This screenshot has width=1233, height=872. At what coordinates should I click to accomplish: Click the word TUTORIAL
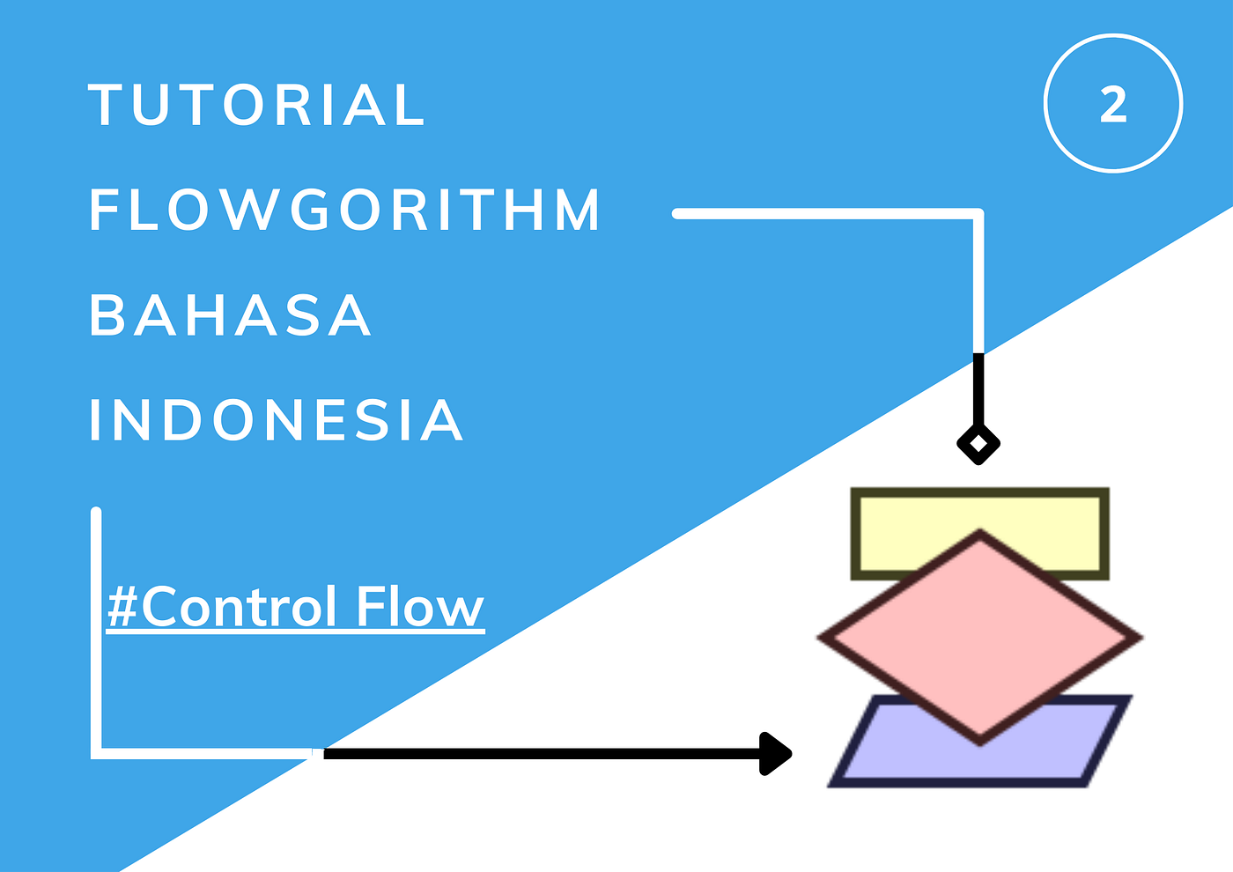[x=256, y=106]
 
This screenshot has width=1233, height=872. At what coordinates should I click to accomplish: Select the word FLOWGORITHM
[x=344, y=211]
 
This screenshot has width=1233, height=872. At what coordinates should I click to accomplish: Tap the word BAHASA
[x=230, y=315]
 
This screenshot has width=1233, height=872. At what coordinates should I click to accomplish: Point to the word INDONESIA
[x=276, y=420]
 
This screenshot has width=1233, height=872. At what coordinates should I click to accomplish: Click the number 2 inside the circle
[x=1113, y=105]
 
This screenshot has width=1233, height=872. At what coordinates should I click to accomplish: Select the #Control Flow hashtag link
[x=295, y=607]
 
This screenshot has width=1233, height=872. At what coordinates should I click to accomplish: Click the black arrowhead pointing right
[x=775, y=753]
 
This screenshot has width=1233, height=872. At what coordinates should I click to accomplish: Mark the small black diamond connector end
[x=978, y=444]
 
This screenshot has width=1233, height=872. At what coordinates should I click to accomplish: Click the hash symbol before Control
[x=123, y=607]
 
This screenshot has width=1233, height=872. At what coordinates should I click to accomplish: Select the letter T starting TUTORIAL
[x=105, y=106]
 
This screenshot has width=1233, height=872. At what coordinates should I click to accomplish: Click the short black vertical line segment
[x=978, y=388]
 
